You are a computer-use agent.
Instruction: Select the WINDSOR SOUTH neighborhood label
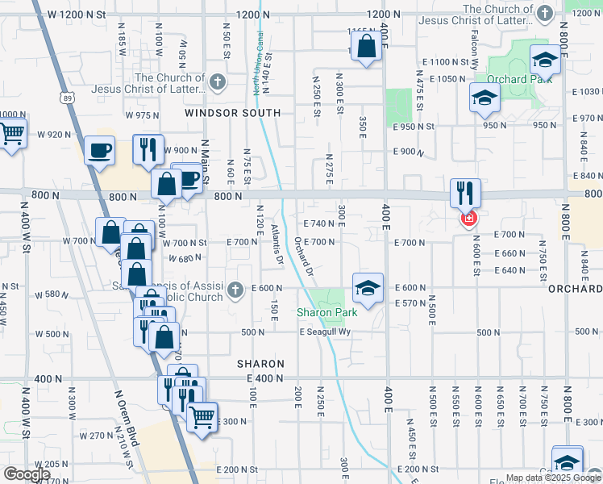[232, 114]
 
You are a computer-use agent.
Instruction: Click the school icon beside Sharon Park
[367, 288]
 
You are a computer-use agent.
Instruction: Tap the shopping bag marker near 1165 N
[366, 47]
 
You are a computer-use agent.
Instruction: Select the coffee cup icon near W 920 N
[100, 151]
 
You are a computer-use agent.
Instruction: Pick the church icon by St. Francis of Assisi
[235, 289]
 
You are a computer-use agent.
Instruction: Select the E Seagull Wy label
[326, 332]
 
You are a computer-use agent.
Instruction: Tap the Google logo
[27, 474]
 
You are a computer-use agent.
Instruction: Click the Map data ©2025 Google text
[553, 478]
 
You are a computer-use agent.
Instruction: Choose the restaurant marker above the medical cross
[465, 193]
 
